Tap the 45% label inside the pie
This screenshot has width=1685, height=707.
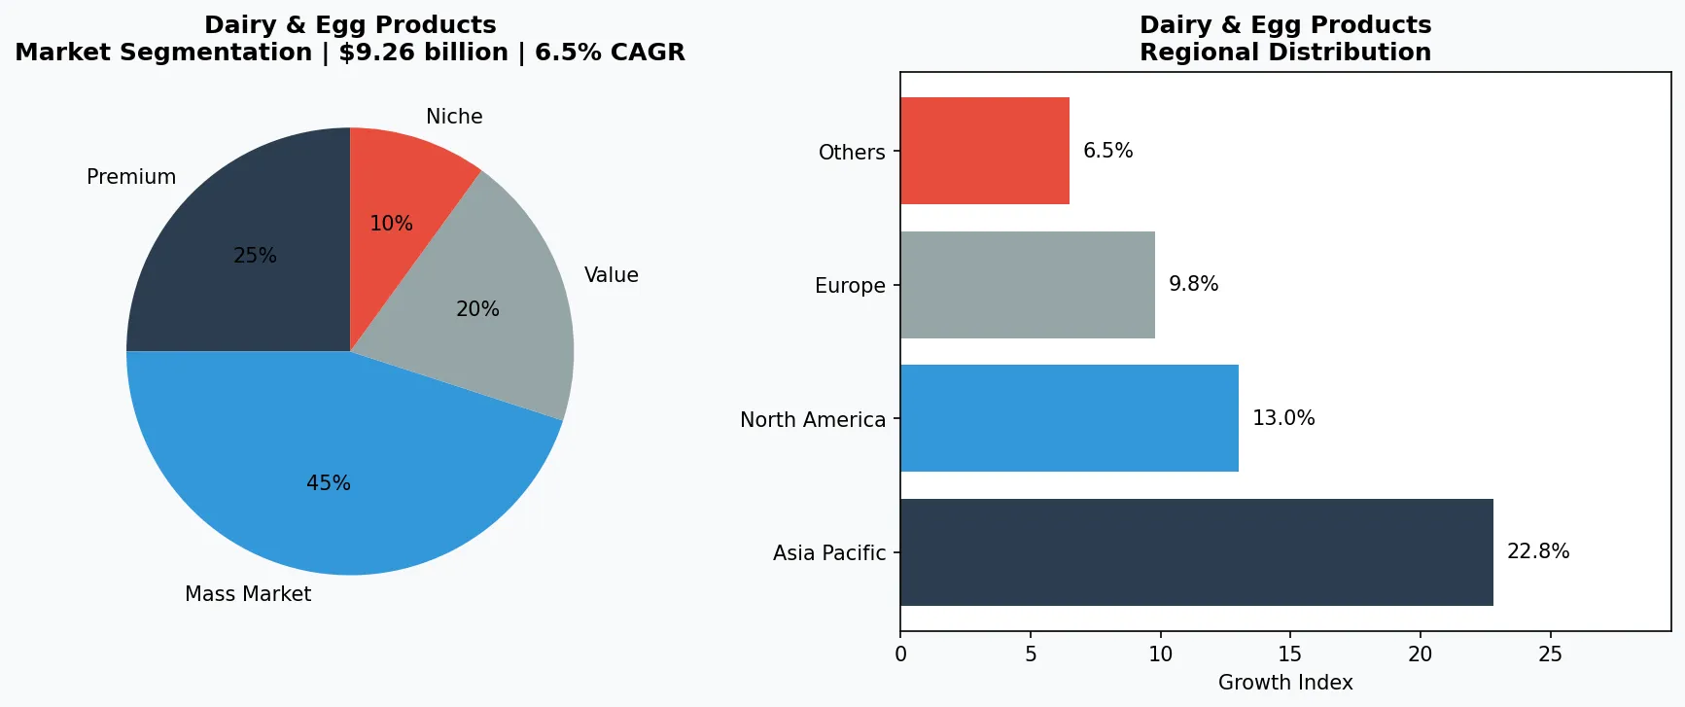pyautogui.click(x=329, y=483)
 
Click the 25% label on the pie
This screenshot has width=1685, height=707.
pyautogui.click(x=255, y=256)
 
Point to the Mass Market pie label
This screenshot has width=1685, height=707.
pyautogui.click(x=248, y=594)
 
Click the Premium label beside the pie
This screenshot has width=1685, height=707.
pyautogui.click(x=131, y=177)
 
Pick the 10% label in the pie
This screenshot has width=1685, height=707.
pyautogui.click(x=391, y=224)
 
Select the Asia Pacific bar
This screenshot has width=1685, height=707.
pyautogui.click(x=1196, y=552)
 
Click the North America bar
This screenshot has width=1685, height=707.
pyautogui.click(x=1070, y=418)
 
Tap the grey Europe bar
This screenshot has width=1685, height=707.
pyautogui.click(x=1028, y=285)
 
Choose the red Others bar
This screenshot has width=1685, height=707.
pyautogui.click(x=985, y=151)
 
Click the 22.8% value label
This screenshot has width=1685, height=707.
pyautogui.click(x=1538, y=551)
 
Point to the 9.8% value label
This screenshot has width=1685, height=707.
pyautogui.click(x=1193, y=284)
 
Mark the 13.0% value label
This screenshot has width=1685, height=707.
pyautogui.click(x=1283, y=418)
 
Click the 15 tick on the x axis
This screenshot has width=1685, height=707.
pyautogui.click(x=1290, y=654)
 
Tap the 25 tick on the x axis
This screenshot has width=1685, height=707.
pyautogui.click(x=1550, y=654)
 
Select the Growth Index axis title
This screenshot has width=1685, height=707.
pyautogui.click(x=1285, y=683)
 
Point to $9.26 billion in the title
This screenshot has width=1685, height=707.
pyautogui.click(x=423, y=53)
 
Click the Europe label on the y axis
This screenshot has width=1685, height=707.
pyautogui.click(x=850, y=286)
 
